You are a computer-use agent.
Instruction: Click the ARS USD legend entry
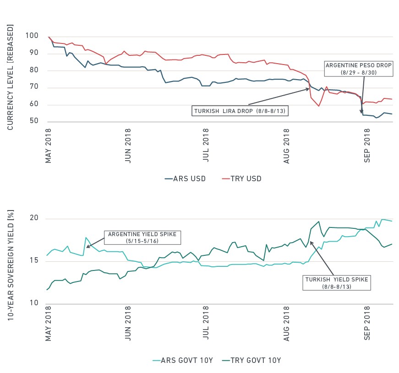pyautogui.click(x=185, y=179)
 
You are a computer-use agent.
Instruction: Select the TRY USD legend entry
pyautogui.click(x=241, y=179)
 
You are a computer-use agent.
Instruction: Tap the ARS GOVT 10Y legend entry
pyautogui.click(x=183, y=360)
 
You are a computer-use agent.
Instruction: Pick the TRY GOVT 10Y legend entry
pyautogui.click(x=251, y=360)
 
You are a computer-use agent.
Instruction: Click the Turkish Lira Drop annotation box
pyautogui.click(x=240, y=111)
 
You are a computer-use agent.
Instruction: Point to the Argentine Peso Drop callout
pyautogui.click(x=359, y=69)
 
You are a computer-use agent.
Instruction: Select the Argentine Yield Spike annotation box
pyautogui.click(x=142, y=238)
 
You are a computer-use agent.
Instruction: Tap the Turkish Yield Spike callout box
pyautogui.click(x=336, y=283)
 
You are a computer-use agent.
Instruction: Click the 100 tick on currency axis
pyautogui.click(x=32, y=36)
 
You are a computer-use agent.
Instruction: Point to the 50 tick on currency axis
pyautogui.click(x=34, y=121)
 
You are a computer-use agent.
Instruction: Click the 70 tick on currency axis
pyautogui.click(x=34, y=86)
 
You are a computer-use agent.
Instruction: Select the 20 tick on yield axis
pyautogui.click(x=34, y=218)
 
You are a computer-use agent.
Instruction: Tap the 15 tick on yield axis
pyautogui.click(x=34, y=260)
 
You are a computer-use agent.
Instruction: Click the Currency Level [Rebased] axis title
pyautogui.click(x=10, y=77)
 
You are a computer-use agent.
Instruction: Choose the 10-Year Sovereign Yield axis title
pyautogui.click(x=11, y=265)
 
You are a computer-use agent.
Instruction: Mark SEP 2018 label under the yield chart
pyautogui.click(x=367, y=323)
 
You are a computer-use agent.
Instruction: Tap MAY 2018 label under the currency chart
pyautogui.click(x=49, y=146)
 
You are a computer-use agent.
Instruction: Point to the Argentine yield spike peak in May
pyautogui.click(x=86, y=238)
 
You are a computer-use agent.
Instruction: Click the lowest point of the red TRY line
pyautogui.click(x=318, y=106)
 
